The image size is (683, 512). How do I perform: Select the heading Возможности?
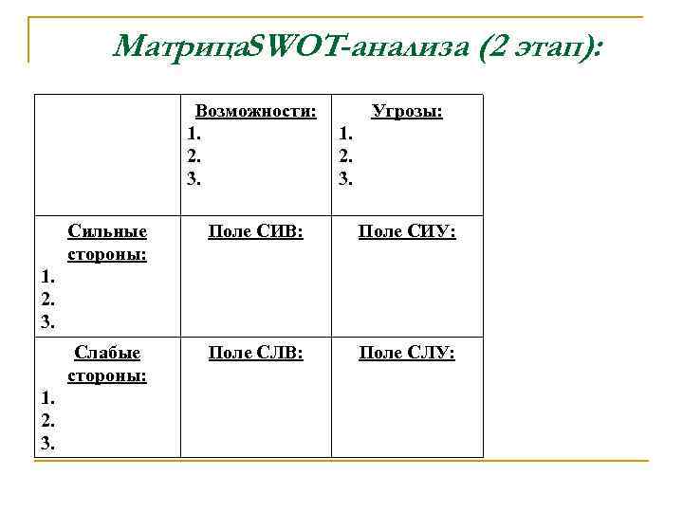(255, 111)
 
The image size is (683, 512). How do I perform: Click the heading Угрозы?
(408, 111)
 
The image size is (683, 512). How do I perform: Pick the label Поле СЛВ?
(255, 354)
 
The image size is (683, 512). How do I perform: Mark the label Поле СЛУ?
(407, 354)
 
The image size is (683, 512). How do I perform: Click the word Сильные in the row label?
(107, 232)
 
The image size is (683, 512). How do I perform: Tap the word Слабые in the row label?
(107, 354)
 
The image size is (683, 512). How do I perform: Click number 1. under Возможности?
(194, 134)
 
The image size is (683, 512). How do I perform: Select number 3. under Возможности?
(194, 177)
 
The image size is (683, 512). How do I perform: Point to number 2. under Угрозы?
(346, 155)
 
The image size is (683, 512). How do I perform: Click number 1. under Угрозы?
(346, 134)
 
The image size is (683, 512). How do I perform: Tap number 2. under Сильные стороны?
(47, 300)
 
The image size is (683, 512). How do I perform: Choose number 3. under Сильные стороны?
(47, 321)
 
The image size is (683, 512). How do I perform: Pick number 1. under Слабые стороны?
(47, 398)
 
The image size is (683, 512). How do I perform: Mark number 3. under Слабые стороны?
(47, 443)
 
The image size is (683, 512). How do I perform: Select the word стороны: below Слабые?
(107, 375)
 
